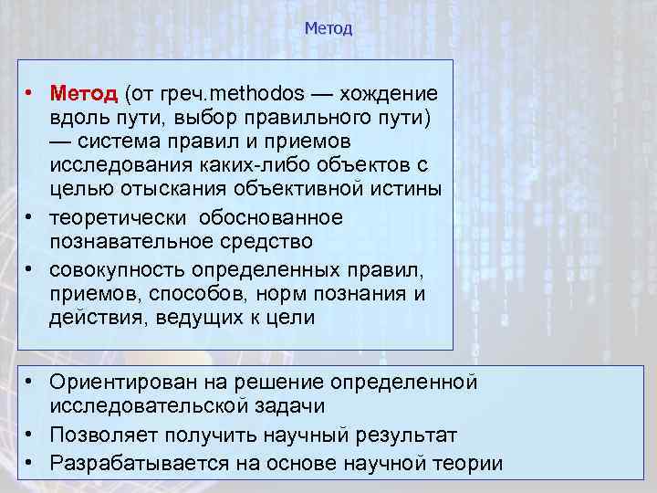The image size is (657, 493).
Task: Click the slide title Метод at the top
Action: coord(328,28)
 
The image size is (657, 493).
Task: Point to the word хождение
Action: coord(390,94)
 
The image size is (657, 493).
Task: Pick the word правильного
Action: coord(318,119)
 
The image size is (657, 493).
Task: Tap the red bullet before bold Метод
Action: coord(30,94)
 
